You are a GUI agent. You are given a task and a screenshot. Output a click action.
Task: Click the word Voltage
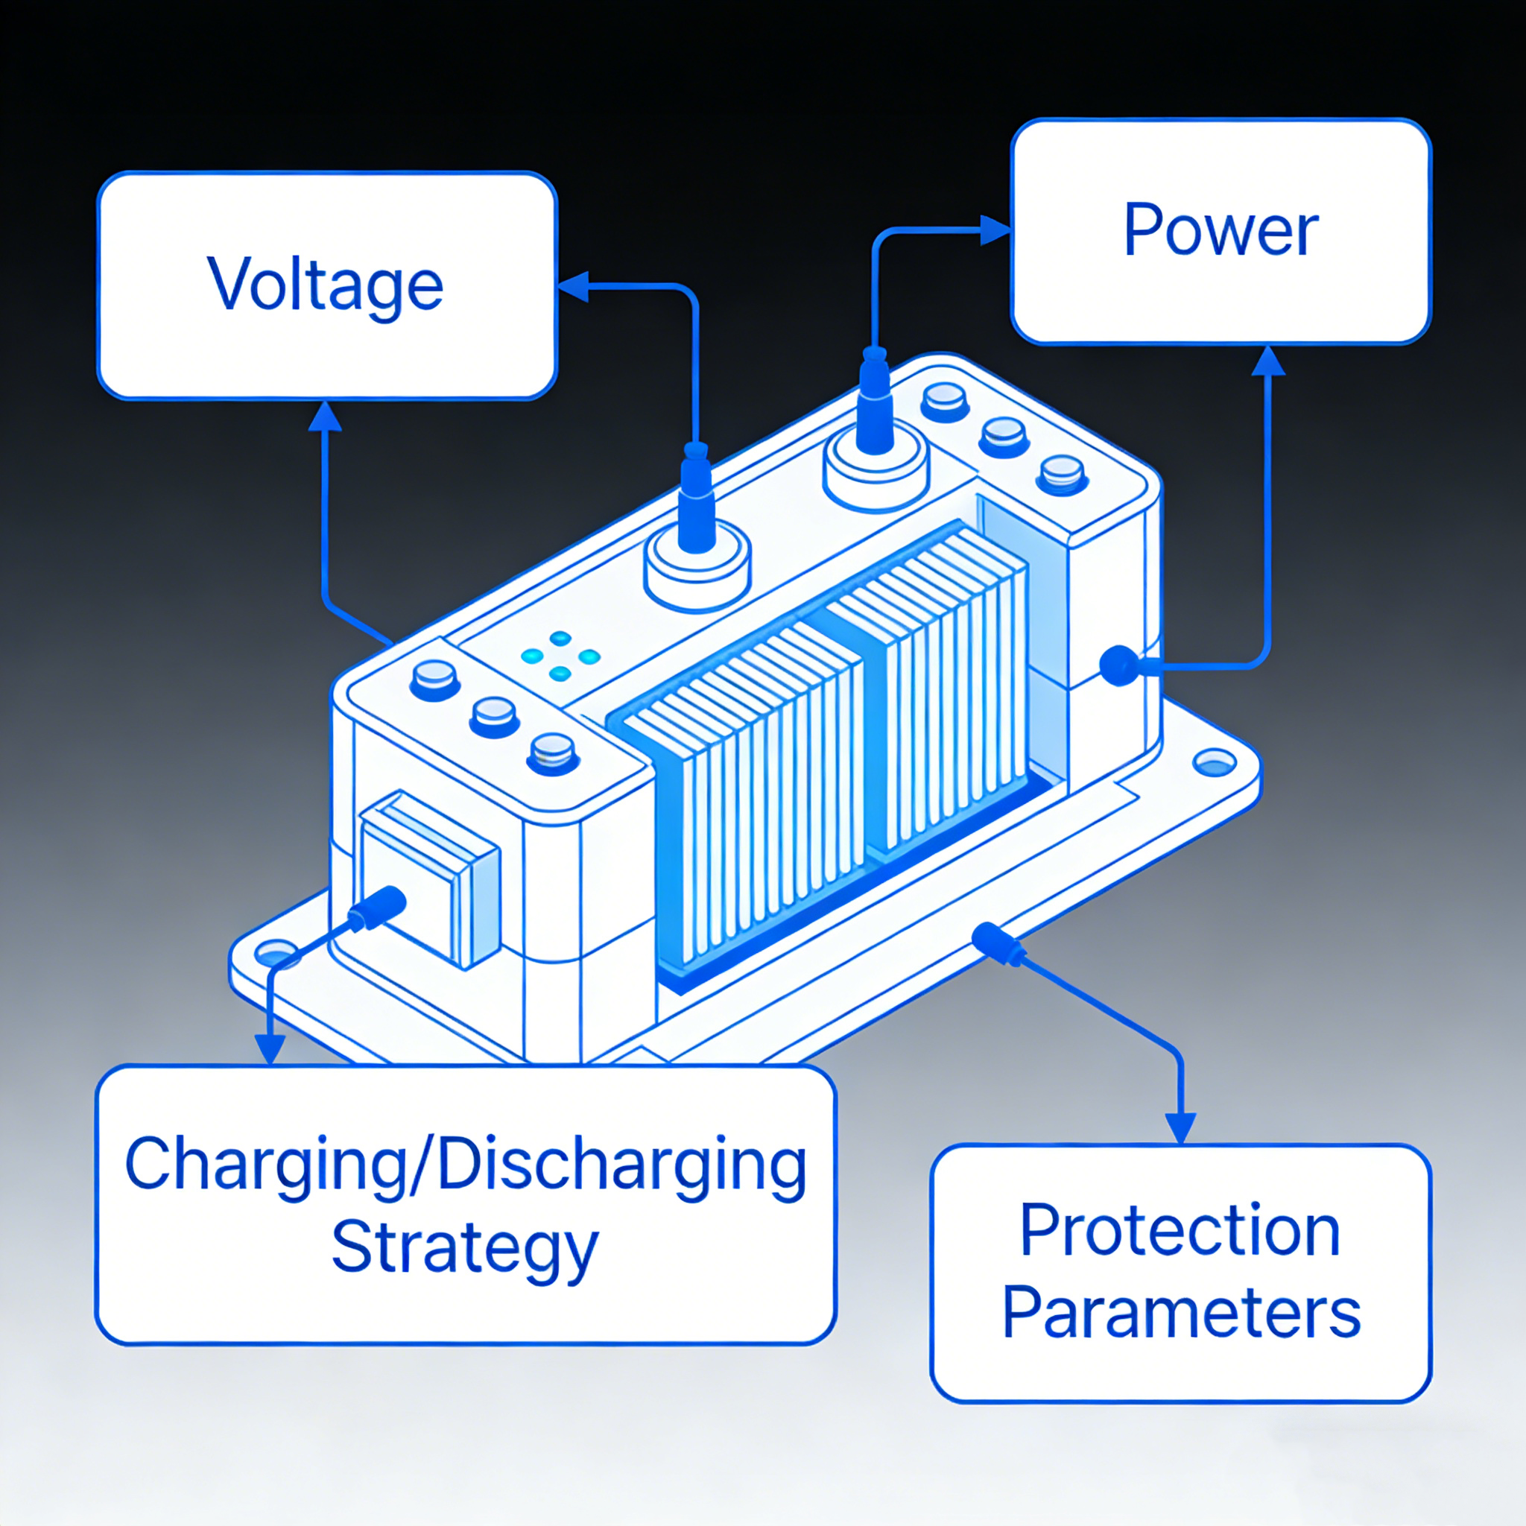coord(326,287)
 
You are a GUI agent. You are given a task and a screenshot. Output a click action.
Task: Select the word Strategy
coord(464,1250)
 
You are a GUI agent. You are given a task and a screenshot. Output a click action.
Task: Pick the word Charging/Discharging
coord(466,1166)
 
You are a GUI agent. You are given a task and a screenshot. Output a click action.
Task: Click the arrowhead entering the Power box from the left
coord(996,231)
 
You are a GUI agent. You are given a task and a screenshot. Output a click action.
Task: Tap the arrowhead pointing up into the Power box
coord(1268,361)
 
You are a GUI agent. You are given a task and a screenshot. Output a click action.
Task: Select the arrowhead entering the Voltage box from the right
coord(574,287)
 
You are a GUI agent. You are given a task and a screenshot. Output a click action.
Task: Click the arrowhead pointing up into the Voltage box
coord(325,417)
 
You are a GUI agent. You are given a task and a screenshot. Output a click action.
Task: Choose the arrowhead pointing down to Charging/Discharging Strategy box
coord(270,1050)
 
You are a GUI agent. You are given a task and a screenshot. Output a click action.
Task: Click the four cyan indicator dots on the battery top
coord(561,656)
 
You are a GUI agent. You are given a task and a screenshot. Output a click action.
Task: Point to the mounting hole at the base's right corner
coord(1215,763)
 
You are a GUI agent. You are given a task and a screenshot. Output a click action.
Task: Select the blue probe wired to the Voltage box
coord(697,498)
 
